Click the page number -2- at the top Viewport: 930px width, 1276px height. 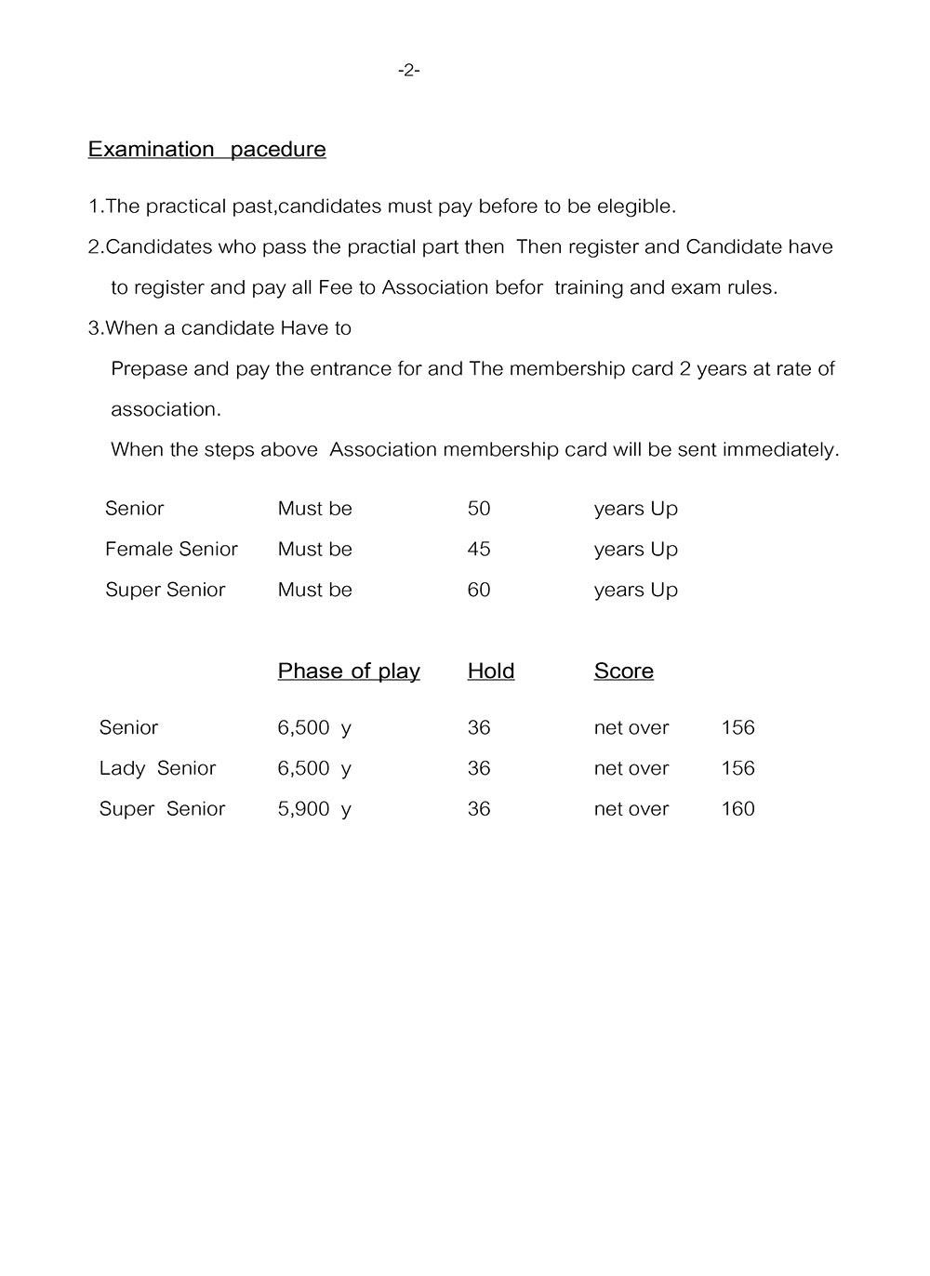(408, 70)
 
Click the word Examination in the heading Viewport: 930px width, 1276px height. (151, 149)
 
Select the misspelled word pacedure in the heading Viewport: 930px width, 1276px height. (278, 149)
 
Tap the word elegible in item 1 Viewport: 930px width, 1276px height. (636, 206)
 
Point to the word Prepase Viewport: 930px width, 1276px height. (149, 368)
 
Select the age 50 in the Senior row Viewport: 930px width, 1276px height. (478, 508)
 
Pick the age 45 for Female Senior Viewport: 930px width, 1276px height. (478, 549)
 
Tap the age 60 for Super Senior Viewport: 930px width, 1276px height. (478, 590)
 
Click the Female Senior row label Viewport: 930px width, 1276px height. (171, 549)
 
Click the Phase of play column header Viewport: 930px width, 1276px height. (349, 671)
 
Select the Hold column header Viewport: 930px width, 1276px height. (491, 671)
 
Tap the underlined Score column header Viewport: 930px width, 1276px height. (623, 671)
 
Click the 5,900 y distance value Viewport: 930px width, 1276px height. (313, 808)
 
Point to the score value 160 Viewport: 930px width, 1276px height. (737, 808)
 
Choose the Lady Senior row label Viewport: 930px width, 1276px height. (157, 768)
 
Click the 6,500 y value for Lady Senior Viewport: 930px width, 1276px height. (313, 768)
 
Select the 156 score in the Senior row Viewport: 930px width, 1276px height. (737, 727)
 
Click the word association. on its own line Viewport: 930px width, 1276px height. (166, 409)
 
